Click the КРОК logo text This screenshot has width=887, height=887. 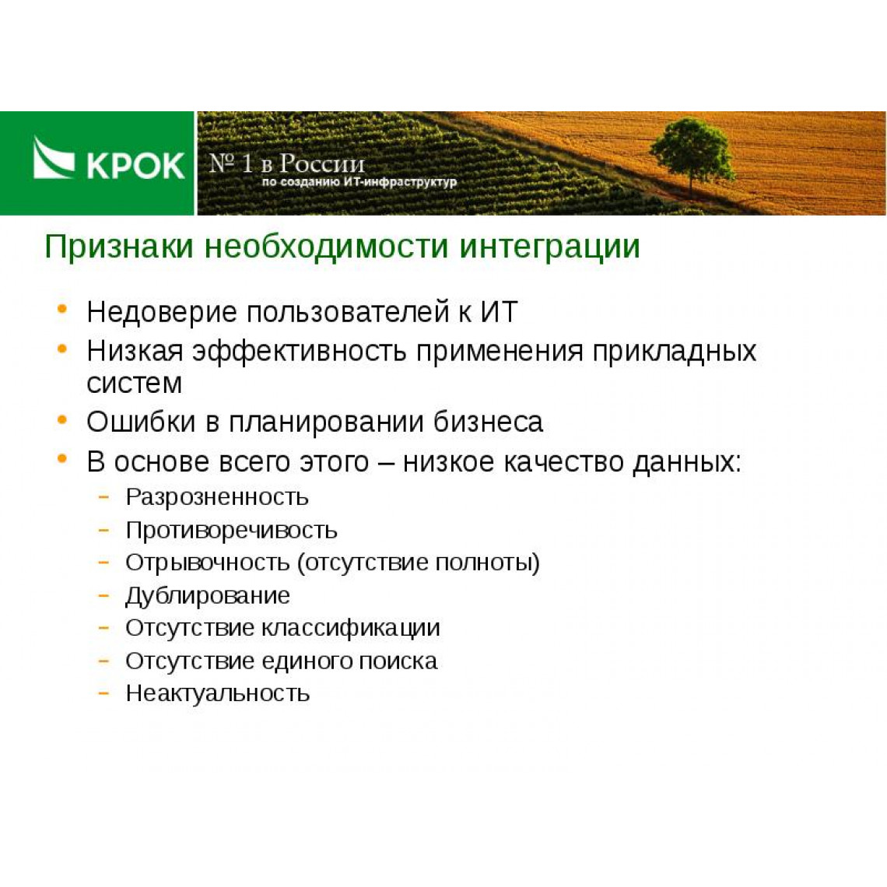tap(135, 165)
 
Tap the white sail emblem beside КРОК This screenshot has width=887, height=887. tap(54, 159)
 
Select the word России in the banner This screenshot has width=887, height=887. tap(322, 163)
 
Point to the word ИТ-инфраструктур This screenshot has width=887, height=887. tap(400, 182)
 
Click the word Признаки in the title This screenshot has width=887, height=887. tap(119, 247)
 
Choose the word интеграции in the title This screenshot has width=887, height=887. tap(549, 248)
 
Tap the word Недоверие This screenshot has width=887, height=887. tap(162, 312)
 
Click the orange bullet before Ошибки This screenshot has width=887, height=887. tap(62, 419)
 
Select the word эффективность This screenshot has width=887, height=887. tap(300, 351)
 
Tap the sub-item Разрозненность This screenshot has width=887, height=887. tap(216, 498)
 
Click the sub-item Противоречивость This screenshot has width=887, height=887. tap(231, 531)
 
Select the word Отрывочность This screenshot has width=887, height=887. tap(208, 563)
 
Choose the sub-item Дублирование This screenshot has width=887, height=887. tap(208, 596)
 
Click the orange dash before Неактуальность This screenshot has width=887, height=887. tap(103, 693)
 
